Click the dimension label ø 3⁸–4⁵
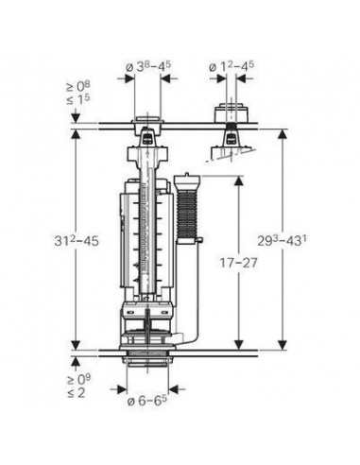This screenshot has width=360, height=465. tap(148, 66)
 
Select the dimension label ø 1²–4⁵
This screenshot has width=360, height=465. tap(231, 66)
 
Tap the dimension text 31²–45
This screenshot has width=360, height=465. tap(77, 241)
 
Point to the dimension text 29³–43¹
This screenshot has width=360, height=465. tap(283, 241)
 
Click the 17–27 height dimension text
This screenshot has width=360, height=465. tap(238, 263)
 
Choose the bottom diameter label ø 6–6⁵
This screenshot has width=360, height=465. tap(146, 401)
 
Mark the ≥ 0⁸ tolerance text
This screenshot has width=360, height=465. tap(77, 86)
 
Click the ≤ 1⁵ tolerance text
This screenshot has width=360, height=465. tap(77, 99)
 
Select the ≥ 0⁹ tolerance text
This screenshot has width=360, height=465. tap(79, 380)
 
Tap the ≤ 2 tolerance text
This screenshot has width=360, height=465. tap(76, 393)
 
